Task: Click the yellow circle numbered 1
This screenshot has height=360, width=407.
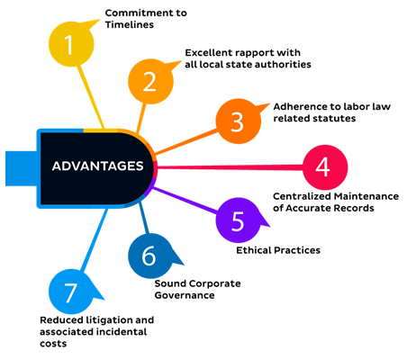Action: (x=71, y=44)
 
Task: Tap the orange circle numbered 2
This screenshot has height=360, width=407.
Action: (x=150, y=82)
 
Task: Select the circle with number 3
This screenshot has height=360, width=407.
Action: (x=239, y=121)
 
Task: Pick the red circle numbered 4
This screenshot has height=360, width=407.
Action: (x=325, y=167)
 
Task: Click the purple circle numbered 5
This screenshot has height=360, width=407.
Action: (x=239, y=220)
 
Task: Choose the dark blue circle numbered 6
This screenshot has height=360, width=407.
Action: (x=150, y=256)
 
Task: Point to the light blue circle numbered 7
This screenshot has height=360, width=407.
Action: (x=71, y=292)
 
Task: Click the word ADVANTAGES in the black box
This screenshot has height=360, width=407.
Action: (x=97, y=166)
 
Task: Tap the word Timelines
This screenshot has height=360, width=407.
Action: (x=130, y=24)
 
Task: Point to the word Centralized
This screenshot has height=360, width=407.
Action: (x=303, y=196)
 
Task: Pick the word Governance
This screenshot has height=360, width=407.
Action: (x=185, y=295)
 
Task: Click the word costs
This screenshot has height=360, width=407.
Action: (x=53, y=344)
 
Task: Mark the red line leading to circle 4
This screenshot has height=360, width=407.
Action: (x=231, y=167)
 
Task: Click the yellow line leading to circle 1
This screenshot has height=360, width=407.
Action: (x=91, y=97)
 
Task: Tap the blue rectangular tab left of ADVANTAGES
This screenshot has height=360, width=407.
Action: (x=21, y=168)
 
